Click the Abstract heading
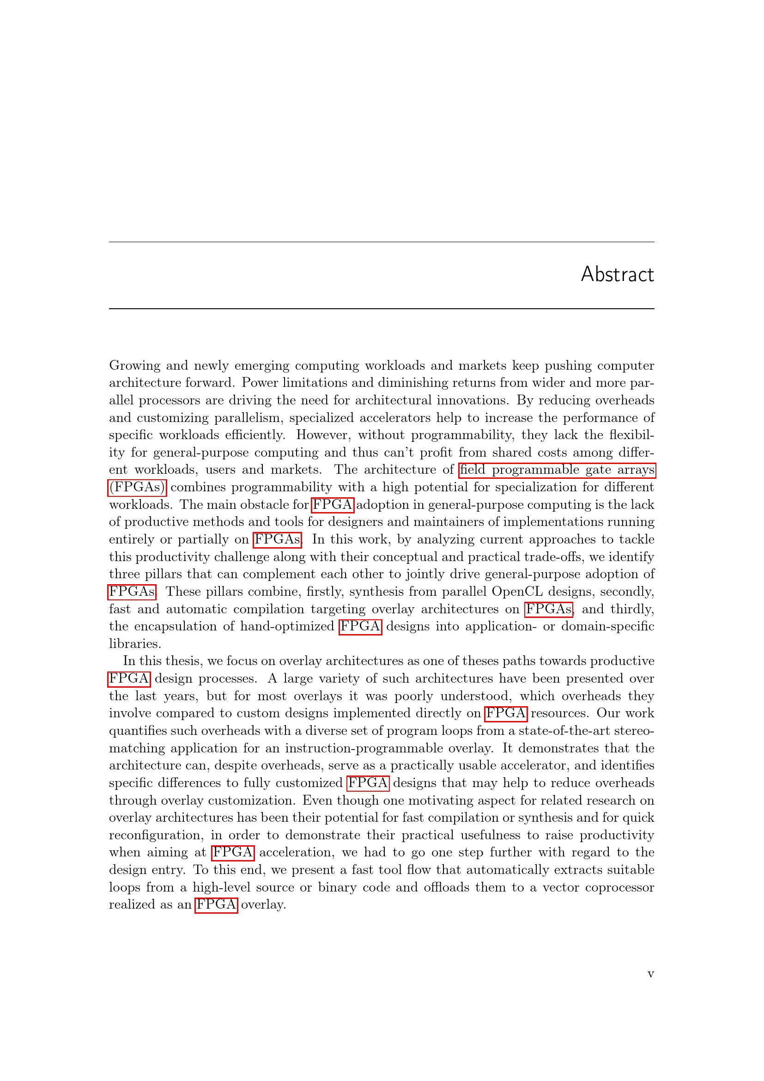click(617, 275)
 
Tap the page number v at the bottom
click(651, 973)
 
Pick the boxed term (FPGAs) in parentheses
click(137, 487)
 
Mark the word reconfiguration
click(156, 835)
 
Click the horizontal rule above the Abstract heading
click(382, 242)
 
